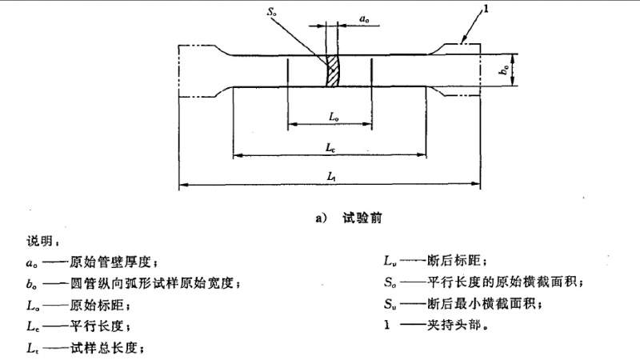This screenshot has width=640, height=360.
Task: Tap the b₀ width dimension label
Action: coord(503,71)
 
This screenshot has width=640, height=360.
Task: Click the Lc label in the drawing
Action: coord(330,148)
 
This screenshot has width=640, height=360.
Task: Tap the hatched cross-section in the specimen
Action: coord(330,71)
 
